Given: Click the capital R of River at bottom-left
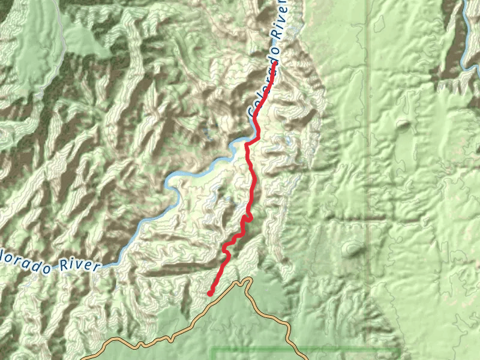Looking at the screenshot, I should pyautogui.click(x=64, y=266).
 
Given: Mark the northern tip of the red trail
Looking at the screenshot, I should pyautogui.click(x=276, y=69).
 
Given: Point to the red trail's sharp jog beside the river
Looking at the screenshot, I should pyautogui.click(x=252, y=141).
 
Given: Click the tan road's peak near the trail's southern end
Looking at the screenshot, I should pyautogui.click(x=244, y=280).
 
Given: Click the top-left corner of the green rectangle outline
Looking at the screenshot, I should pyautogui.click(x=212, y=347).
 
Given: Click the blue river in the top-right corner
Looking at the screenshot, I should pyautogui.click(x=467, y=36).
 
